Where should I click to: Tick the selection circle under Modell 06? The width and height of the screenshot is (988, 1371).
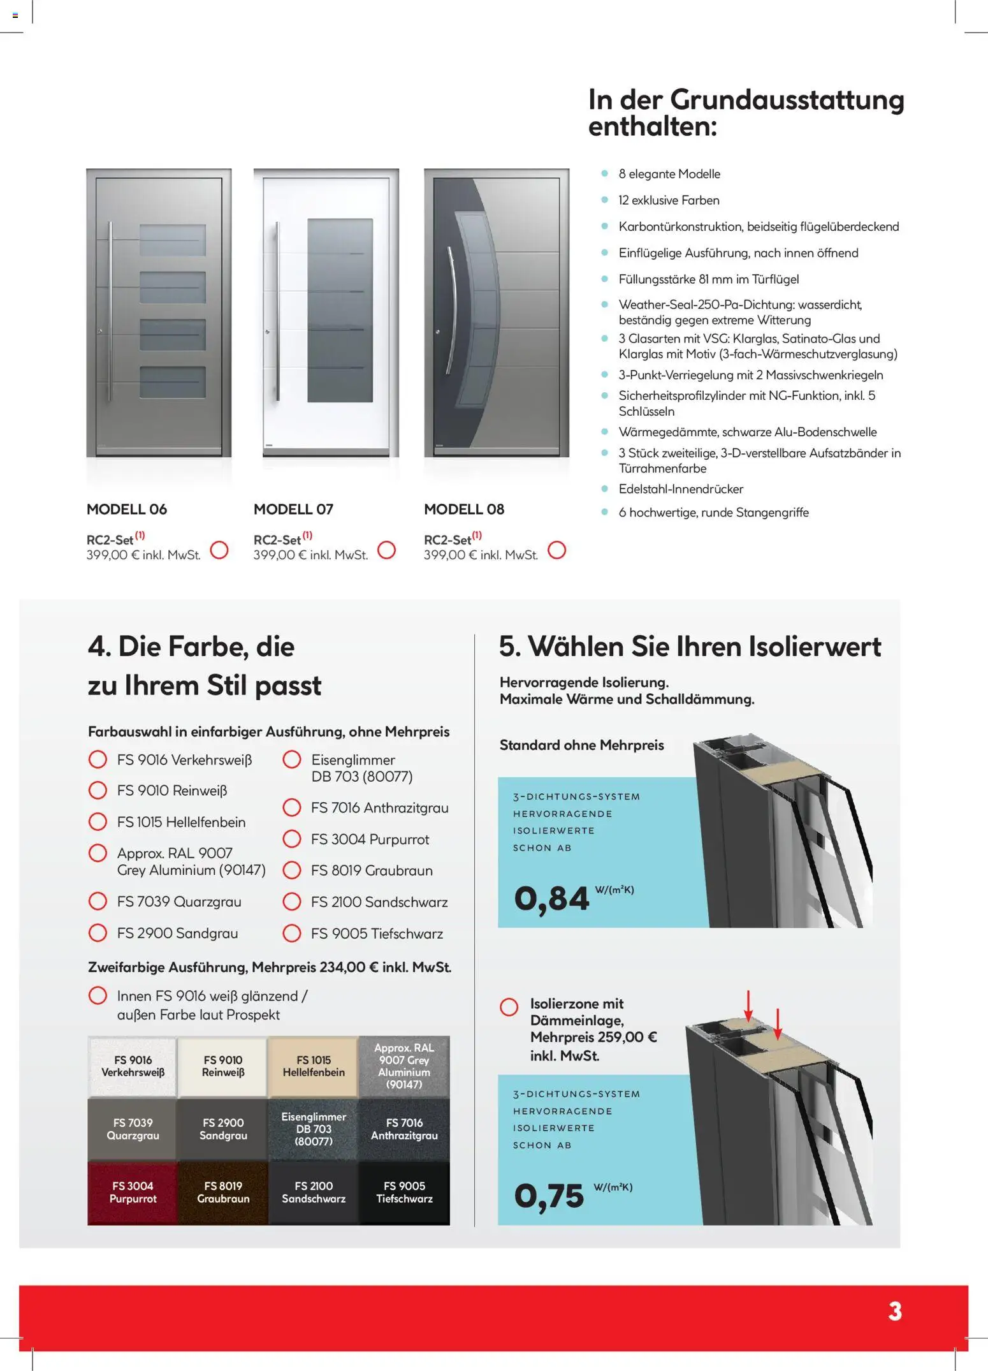point(219,550)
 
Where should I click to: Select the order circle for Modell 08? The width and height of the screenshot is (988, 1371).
point(556,550)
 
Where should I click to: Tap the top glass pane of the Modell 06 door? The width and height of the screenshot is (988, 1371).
point(172,240)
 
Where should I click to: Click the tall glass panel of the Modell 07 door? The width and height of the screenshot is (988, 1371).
point(340,311)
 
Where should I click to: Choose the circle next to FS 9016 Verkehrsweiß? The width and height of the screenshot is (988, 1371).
point(98,759)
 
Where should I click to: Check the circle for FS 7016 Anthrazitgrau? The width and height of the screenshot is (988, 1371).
point(292,807)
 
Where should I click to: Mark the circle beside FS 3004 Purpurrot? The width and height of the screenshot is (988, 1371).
point(292,839)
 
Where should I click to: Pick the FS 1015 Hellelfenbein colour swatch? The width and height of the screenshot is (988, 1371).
point(314,1066)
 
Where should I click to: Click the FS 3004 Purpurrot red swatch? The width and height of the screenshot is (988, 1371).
point(133,1192)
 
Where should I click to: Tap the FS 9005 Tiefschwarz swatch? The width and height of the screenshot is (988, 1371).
point(404,1192)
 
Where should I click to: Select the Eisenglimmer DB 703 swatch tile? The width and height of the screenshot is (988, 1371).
point(314,1129)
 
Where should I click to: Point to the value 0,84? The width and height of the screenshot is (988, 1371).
point(551,898)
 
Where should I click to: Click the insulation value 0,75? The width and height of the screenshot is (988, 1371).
point(549,1196)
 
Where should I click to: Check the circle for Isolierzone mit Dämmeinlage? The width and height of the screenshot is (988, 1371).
point(509,1007)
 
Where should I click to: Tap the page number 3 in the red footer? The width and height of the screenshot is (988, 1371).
point(895,1312)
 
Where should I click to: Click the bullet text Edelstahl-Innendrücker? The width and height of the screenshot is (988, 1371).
point(681,489)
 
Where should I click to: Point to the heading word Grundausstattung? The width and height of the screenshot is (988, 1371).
point(787,100)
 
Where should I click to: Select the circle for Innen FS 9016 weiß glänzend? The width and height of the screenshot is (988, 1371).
point(98,995)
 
